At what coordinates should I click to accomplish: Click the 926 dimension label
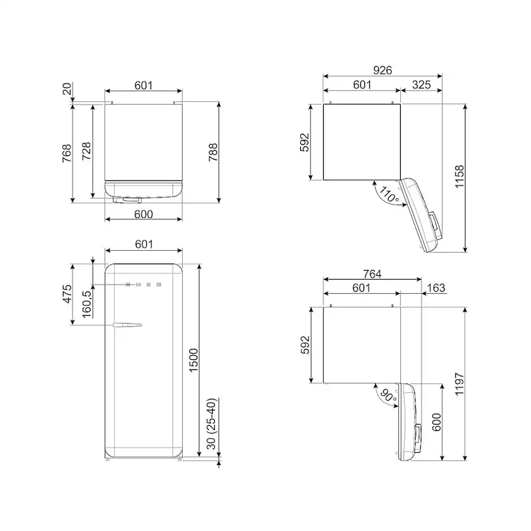point(382,70)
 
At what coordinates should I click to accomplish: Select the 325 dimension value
point(421,85)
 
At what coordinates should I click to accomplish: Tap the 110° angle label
point(389,194)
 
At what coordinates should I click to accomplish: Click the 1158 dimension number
point(459,176)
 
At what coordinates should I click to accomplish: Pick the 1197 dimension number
point(459,383)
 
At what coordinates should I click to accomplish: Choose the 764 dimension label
point(372,274)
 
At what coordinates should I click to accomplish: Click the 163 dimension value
point(436,288)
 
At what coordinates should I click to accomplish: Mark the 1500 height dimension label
point(194,360)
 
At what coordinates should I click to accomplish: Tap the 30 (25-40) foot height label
point(211,424)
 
